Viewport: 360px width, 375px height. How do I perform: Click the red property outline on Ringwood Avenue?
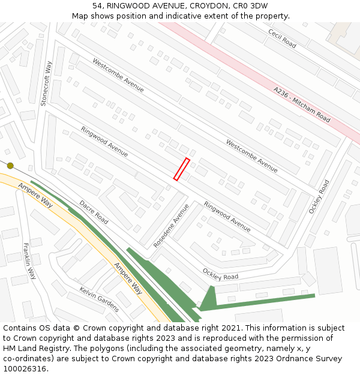click(x=182, y=169)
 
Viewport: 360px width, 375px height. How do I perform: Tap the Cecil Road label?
click(x=282, y=38)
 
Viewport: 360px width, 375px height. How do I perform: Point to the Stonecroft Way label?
click(x=47, y=83)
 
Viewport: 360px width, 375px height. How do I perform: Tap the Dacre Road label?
click(x=94, y=212)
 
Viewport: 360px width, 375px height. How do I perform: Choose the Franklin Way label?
click(x=29, y=261)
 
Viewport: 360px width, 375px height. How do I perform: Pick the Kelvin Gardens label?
click(x=99, y=299)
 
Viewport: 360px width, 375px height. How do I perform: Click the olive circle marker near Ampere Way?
click(x=10, y=166)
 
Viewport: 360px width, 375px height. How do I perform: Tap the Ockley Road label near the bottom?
click(x=220, y=274)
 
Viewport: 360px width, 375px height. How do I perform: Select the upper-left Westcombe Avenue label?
click(x=118, y=74)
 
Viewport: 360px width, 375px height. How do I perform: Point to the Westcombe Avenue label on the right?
click(x=251, y=155)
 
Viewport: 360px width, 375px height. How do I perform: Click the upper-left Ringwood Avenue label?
click(x=104, y=141)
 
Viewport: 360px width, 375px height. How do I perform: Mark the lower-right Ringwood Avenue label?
click(x=227, y=216)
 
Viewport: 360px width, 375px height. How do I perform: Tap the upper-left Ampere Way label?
click(x=35, y=196)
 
